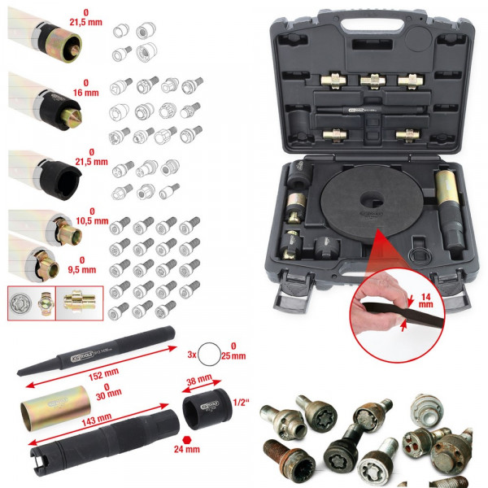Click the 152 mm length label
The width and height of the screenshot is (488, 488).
(x=97, y=376)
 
